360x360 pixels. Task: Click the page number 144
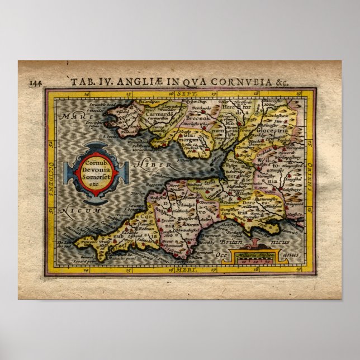tap(36, 82)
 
